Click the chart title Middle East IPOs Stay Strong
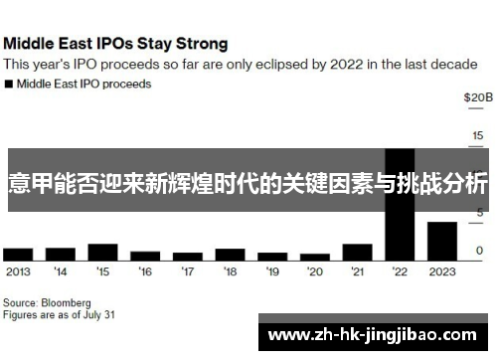pyautogui.click(x=116, y=44)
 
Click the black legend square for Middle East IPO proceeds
pyautogui.click(x=9, y=85)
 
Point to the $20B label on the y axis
pyautogui.click(x=477, y=97)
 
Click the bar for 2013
pyautogui.click(x=17, y=254)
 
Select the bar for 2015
pyautogui.click(x=102, y=250)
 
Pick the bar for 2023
pyautogui.click(x=442, y=241)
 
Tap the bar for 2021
pyautogui.click(x=357, y=252)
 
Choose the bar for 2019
pyautogui.click(x=272, y=256)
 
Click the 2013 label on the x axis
pyautogui.click(x=17, y=270)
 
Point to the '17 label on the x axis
pyautogui.click(x=187, y=270)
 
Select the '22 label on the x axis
pyautogui.click(x=400, y=270)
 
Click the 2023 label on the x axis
pyautogui.click(x=442, y=270)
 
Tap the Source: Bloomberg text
pyautogui.click(x=47, y=301)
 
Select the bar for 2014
pyautogui.click(x=60, y=254)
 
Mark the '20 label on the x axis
pyautogui.click(x=315, y=270)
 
